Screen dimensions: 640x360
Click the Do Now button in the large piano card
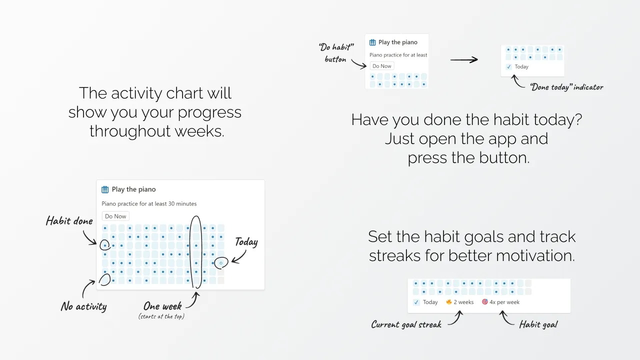click(115, 216)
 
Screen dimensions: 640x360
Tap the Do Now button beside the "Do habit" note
click(381, 66)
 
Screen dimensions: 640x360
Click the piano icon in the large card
click(105, 189)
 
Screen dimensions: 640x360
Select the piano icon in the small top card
click(372, 42)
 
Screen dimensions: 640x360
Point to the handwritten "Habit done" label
click(69, 221)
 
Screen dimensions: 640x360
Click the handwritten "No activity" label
click(83, 306)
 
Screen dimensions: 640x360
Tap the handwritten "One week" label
click(162, 306)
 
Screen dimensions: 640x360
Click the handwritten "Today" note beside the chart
click(246, 242)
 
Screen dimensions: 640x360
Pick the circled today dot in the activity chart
click(221, 263)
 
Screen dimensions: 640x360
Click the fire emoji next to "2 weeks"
click(449, 301)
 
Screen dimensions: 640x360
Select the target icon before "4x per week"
click(485, 301)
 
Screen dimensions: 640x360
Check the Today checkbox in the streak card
click(416, 302)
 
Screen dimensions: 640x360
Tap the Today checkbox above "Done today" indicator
click(508, 67)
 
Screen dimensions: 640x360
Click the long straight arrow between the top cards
click(464, 59)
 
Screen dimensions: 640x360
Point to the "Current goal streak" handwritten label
click(406, 324)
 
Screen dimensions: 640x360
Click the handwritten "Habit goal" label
click(538, 324)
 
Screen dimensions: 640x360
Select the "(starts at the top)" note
click(161, 316)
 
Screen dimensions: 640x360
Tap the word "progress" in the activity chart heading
click(209, 112)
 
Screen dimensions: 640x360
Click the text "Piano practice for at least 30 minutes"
click(149, 203)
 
